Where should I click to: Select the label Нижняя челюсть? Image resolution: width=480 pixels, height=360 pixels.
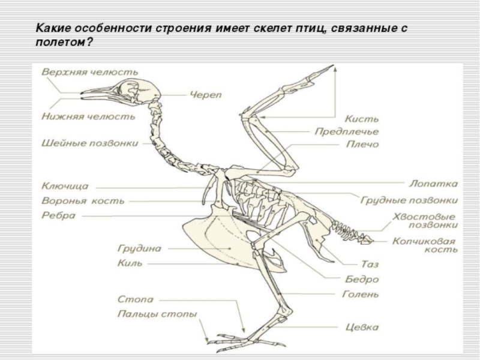pos(88,116)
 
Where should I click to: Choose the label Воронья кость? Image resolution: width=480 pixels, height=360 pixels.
pos(82,201)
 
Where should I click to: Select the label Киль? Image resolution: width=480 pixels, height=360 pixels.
pos(131,263)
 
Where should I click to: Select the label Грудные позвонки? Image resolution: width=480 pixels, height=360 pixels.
pos(409,200)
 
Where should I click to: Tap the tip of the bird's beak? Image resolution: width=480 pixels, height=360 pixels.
pos(81,94)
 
